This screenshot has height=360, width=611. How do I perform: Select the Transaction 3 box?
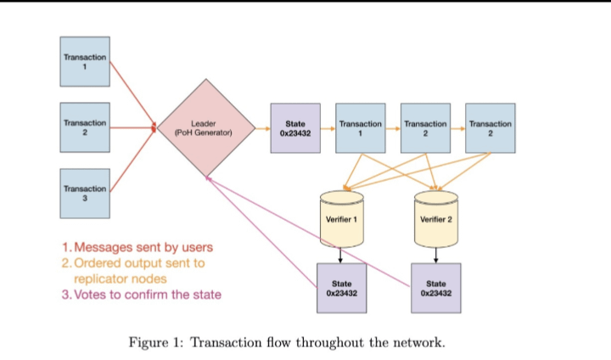pyautogui.click(x=85, y=193)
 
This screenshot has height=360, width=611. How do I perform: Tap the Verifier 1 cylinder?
pyautogui.click(x=340, y=218)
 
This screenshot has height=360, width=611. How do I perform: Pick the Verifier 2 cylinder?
pyautogui.click(x=435, y=218)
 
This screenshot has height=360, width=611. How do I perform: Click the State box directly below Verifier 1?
pyautogui.click(x=340, y=288)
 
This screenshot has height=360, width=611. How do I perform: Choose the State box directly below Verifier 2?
pyautogui.click(x=435, y=288)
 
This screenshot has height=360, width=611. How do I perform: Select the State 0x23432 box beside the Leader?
pyautogui.click(x=295, y=128)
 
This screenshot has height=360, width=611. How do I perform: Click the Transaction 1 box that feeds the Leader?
pyautogui.click(x=85, y=61)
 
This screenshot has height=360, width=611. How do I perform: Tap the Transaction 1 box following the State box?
pyautogui.click(x=360, y=128)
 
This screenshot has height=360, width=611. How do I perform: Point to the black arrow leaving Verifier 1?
pyautogui.click(x=340, y=254)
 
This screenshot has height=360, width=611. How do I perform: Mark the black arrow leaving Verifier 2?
pyautogui.click(x=435, y=254)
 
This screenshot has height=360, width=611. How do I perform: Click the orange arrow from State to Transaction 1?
pyautogui.click(x=328, y=128)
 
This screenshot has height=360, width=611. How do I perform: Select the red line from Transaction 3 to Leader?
pyautogui.click(x=132, y=161)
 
